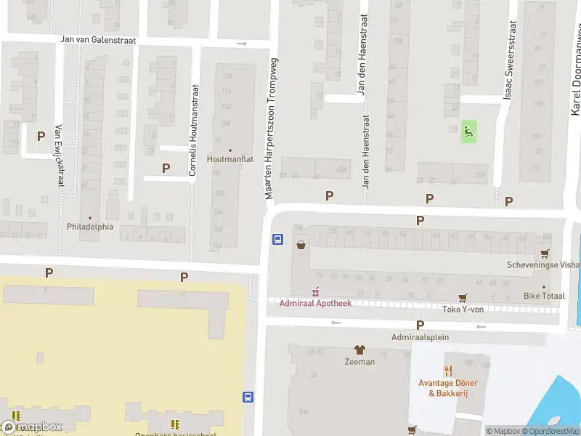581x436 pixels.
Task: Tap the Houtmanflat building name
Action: click(x=230, y=159)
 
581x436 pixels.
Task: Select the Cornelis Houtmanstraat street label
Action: click(x=193, y=131)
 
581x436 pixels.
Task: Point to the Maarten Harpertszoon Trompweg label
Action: click(x=271, y=129)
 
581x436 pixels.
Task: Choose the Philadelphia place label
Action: click(x=90, y=226)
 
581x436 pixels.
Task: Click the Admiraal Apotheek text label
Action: click(x=316, y=303)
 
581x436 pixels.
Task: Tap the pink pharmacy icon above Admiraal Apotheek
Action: click(x=316, y=292)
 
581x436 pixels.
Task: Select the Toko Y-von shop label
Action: click(x=463, y=309)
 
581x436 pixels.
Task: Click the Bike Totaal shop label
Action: click(x=544, y=296)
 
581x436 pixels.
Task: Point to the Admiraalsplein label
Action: click(x=420, y=337)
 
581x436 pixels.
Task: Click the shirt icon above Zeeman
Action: click(x=359, y=350)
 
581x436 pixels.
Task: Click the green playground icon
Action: click(x=469, y=132)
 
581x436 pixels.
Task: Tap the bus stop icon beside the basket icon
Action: click(x=277, y=239)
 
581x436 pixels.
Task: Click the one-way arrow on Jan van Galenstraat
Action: click(x=242, y=44)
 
